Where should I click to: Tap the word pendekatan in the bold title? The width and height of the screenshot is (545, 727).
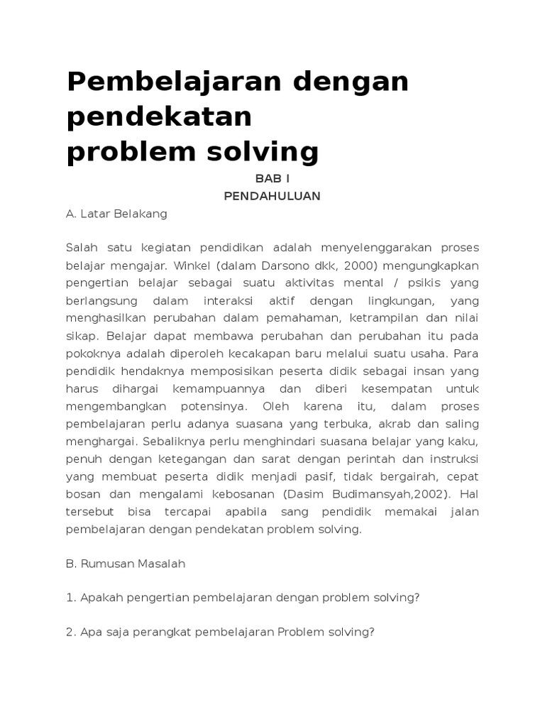pyautogui.click(x=159, y=117)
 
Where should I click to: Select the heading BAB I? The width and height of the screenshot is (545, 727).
pyautogui.click(x=272, y=179)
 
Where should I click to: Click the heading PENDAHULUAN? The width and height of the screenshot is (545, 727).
pyautogui.click(x=272, y=196)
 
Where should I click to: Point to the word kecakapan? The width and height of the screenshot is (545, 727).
pyautogui.click(x=299, y=354)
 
